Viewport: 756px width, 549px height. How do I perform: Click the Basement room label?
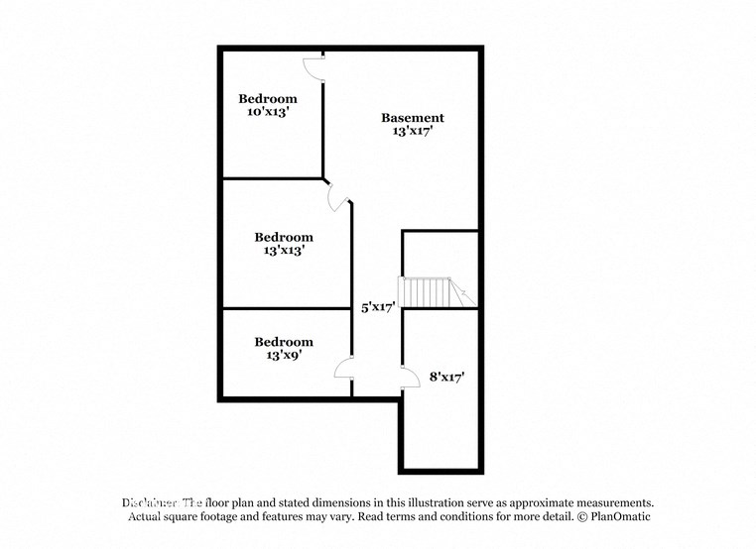tap(413, 118)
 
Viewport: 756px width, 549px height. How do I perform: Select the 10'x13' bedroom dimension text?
tap(268, 113)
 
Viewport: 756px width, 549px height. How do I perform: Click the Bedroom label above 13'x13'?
tap(284, 237)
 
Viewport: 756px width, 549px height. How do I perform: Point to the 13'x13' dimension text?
tap(284, 251)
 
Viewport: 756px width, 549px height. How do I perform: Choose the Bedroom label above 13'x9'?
tap(284, 342)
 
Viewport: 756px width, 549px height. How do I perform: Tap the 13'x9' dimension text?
tap(284, 356)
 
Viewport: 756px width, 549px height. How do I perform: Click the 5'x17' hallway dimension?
tap(378, 307)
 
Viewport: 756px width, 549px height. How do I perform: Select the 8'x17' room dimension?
tap(447, 377)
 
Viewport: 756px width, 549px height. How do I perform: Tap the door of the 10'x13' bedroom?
tap(313, 67)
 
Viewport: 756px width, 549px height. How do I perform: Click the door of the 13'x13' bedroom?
tap(338, 196)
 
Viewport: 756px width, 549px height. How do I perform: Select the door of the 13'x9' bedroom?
tap(344, 372)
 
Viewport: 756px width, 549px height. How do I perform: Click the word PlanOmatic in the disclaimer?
tap(618, 517)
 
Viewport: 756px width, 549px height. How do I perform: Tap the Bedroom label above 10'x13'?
tap(268, 99)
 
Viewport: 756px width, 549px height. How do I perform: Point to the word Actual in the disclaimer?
tap(147, 517)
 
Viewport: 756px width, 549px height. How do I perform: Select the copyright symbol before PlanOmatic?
tap(579, 517)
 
